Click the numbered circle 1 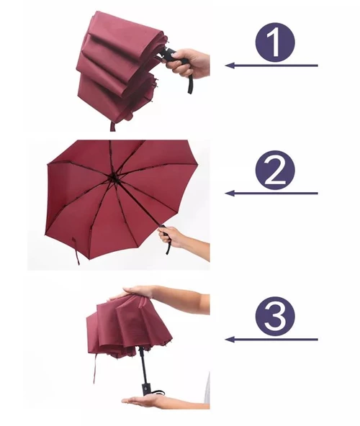(x=275, y=43)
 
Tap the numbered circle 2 (x=275, y=171)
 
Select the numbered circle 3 (x=275, y=317)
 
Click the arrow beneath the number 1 (x=271, y=65)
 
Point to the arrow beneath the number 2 (x=271, y=193)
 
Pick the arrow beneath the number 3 (x=271, y=340)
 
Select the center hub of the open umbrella (x=112, y=178)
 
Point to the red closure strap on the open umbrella (x=76, y=250)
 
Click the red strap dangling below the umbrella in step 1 (x=112, y=127)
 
